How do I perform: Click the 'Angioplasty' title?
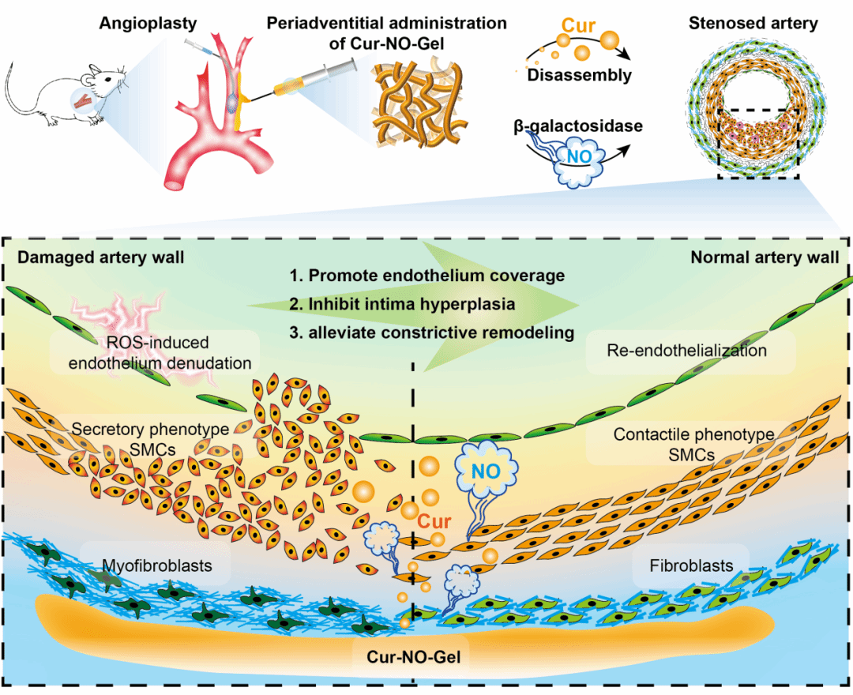click(141, 23)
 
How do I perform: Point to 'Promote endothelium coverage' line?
click(426, 276)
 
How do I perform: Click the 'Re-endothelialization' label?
click(686, 350)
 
